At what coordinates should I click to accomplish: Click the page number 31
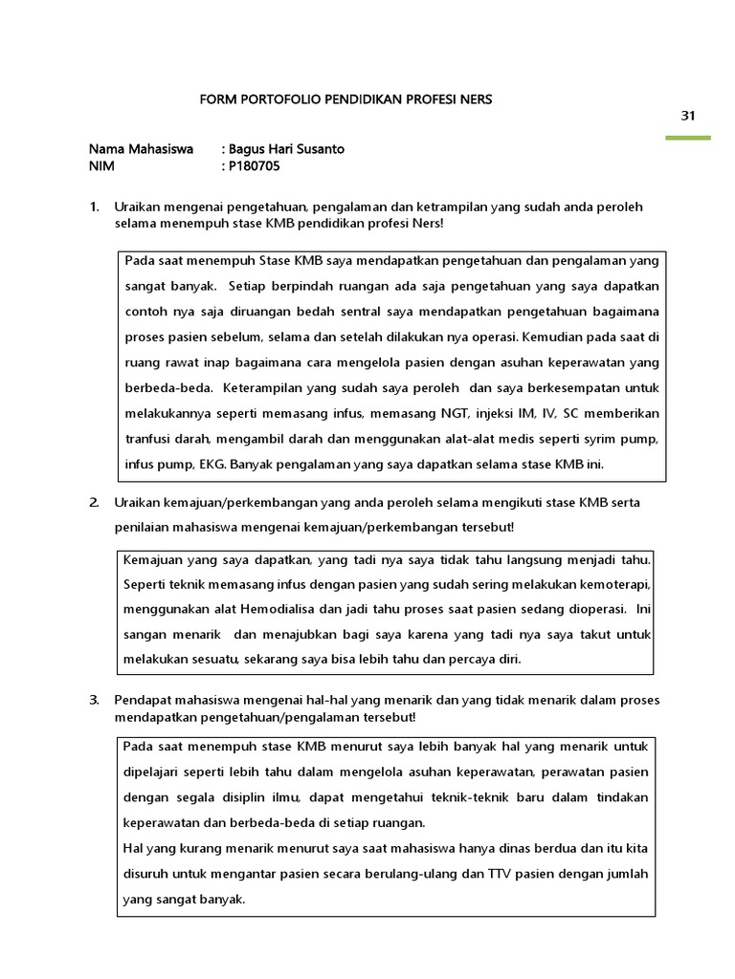(687, 116)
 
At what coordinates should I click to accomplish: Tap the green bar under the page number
(687, 138)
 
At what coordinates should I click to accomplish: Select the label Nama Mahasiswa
(141, 149)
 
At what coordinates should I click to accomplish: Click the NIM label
(101, 165)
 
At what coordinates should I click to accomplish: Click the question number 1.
(94, 207)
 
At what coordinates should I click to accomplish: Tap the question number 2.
(94, 502)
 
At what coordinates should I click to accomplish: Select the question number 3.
(94, 700)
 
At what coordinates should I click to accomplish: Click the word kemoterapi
(613, 583)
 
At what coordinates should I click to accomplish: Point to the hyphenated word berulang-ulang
(407, 874)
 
